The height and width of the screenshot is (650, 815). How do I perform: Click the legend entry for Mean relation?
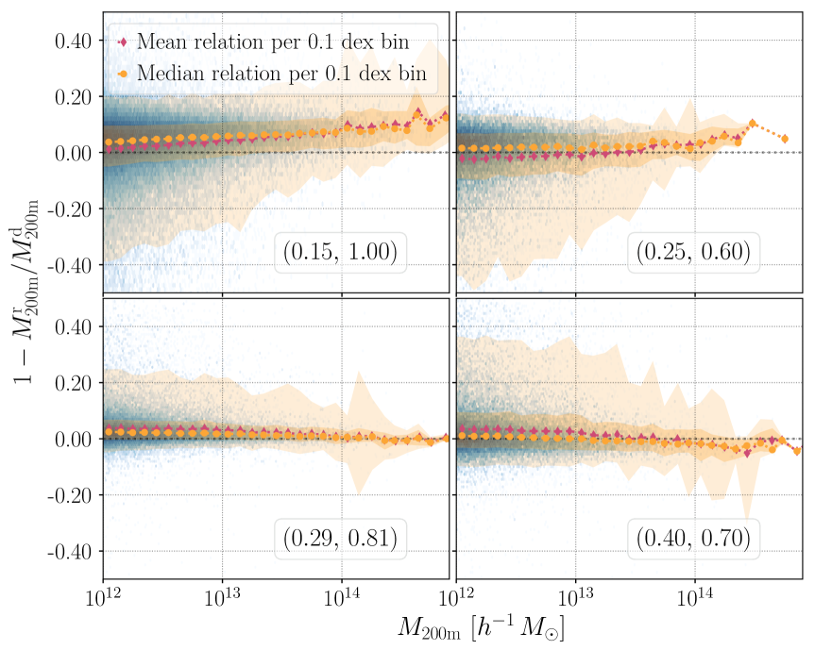pos(280,42)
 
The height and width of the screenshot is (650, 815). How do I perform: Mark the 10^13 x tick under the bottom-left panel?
pos(222,599)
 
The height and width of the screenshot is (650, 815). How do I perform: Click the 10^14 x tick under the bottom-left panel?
pos(341,599)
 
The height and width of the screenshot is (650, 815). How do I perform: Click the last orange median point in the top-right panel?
pos(784,140)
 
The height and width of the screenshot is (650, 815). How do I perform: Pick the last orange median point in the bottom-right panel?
pos(797,451)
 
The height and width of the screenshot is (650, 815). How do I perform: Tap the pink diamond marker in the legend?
pos(123,42)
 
